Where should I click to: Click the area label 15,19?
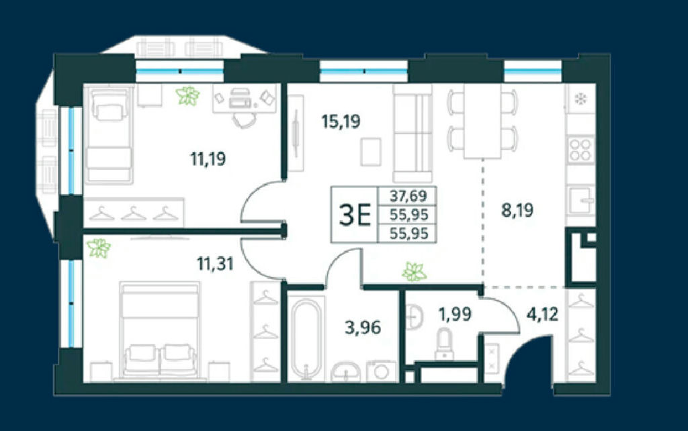tap(341, 121)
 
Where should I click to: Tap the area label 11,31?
tap(215, 264)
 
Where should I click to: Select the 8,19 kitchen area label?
tap(517, 210)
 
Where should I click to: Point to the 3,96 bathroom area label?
tap(362, 327)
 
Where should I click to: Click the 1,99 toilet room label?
tap(455, 314)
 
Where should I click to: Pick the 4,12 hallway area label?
tap(542, 314)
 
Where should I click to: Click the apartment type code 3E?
tap(355, 215)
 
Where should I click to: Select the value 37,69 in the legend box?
tap(408, 195)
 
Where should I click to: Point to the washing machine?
tap(381, 371)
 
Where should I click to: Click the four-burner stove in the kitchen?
tap(580, 150)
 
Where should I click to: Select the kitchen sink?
tap(581, 200)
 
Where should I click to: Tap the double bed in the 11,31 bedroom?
tap(160, 330)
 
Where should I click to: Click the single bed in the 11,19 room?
tap(109, 134)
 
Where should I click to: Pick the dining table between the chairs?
tap(482, 121)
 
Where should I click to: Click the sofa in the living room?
tap(413, 134)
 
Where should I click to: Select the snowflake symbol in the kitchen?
tap(581, 99)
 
